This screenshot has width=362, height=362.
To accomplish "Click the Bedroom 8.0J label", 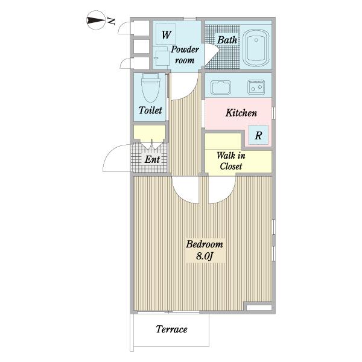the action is tap(205, 250).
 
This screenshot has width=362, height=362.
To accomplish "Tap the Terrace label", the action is tap(171, 329).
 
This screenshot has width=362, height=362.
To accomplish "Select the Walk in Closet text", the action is tap(231, 160).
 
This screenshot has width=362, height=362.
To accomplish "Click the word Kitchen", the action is tap(241, 113).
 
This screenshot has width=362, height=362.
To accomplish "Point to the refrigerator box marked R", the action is tap(258, 135).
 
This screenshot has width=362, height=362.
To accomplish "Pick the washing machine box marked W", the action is tap(166, 34).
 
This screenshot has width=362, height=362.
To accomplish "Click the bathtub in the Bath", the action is tap(256, 48).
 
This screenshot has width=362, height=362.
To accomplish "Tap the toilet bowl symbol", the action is tap(150, 87).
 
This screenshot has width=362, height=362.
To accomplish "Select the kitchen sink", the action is tap(221, 87).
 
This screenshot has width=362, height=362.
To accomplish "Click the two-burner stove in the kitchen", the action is tap(256, 87).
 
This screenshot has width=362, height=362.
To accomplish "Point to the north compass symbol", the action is tap(95, 20).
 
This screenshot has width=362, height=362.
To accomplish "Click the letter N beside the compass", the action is tap(112, 22).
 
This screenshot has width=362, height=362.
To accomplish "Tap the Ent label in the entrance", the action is tap(152, 159).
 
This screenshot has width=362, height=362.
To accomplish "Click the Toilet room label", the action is tap(150, 110).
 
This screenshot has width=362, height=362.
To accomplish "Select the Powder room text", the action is tap(185, 55).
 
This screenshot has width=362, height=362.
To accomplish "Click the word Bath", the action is tap(227, 40).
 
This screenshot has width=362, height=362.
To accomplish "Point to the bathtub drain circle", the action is tap(256, 40).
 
